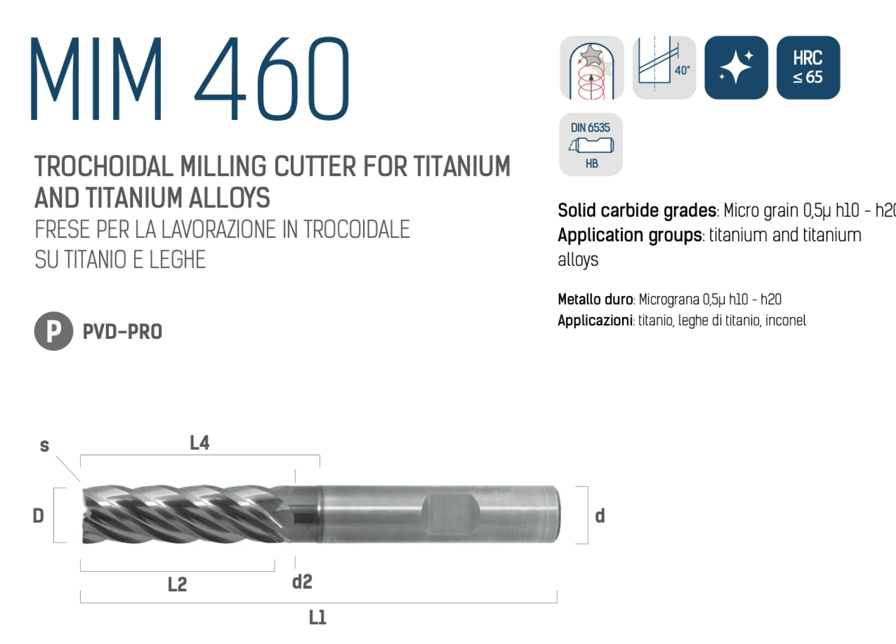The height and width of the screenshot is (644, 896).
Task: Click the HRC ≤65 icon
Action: (808, 68)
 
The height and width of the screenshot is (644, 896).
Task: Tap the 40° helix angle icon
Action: (664, 68)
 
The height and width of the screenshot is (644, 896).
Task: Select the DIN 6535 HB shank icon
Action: (591, 144)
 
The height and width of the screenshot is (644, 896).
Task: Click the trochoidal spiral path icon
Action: (592, 68)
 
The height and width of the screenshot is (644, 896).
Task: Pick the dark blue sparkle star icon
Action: (736, 68)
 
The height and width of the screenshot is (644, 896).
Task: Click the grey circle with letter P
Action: (54, 331)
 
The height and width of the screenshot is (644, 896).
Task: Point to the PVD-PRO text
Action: (122, 331)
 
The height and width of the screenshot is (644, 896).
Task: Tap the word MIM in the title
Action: (96, 79)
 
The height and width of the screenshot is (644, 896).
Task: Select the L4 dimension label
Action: (200, 442)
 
